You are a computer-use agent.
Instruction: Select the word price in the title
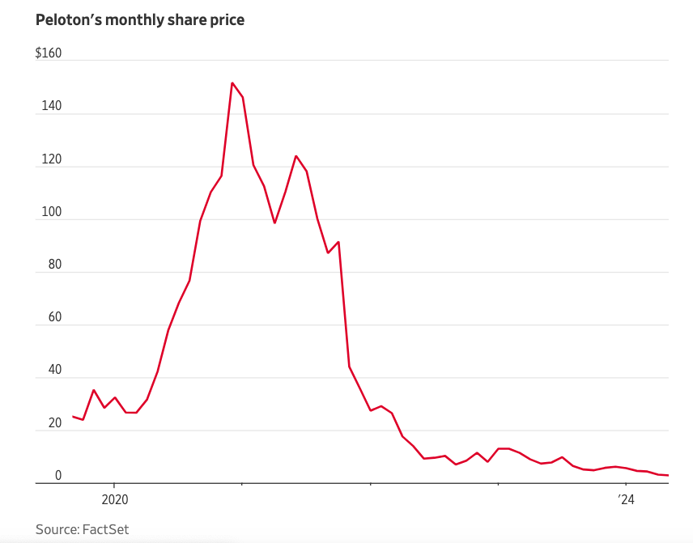coord(226,20)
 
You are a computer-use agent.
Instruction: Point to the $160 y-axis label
coord(49,54)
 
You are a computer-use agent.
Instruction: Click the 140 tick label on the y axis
coord(51,107)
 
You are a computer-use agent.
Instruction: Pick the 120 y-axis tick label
coord(51,159)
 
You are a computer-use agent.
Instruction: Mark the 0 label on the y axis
coord(58,476)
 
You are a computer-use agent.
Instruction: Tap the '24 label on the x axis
coord(625,499)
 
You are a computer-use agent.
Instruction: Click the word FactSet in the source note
coord(106,529)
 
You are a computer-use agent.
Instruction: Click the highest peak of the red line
coord(232,83)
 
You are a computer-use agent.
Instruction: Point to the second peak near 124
coord(296,156)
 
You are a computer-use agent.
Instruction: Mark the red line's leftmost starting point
coord(73,417)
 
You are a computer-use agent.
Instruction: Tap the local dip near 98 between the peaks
coord(274,223)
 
